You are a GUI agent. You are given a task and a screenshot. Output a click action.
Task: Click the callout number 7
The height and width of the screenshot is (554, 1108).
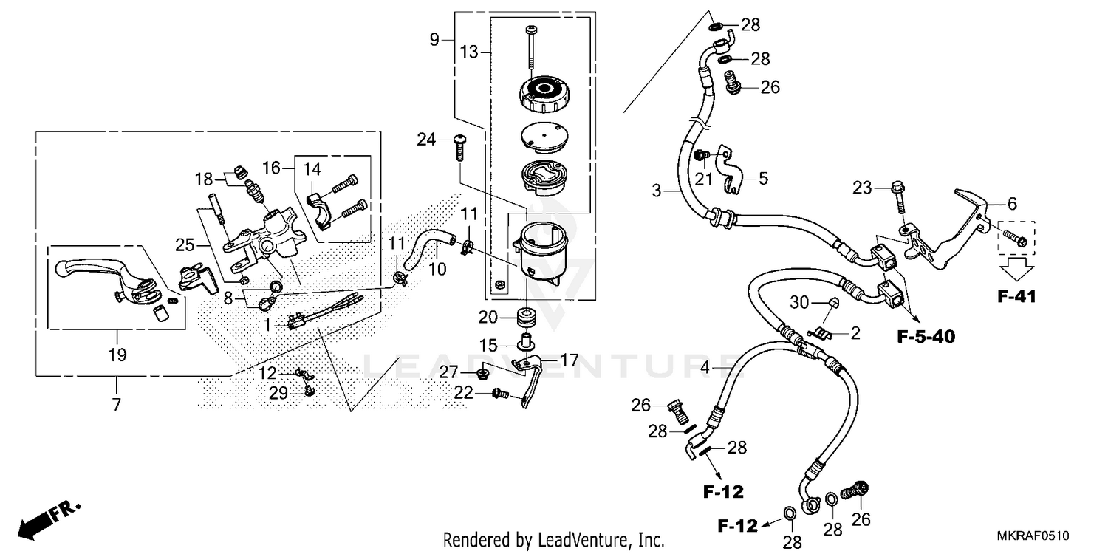116,405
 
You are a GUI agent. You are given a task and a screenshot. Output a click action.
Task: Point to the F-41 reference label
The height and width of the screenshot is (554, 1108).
1016,297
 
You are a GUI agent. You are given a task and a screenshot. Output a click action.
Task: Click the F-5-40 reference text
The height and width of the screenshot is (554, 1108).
926,337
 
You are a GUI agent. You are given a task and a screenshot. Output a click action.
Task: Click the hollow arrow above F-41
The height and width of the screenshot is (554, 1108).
1016,267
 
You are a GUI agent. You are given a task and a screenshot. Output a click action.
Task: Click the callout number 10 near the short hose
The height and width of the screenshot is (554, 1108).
437,270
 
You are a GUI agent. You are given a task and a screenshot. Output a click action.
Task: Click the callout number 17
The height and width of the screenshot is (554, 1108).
569,360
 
